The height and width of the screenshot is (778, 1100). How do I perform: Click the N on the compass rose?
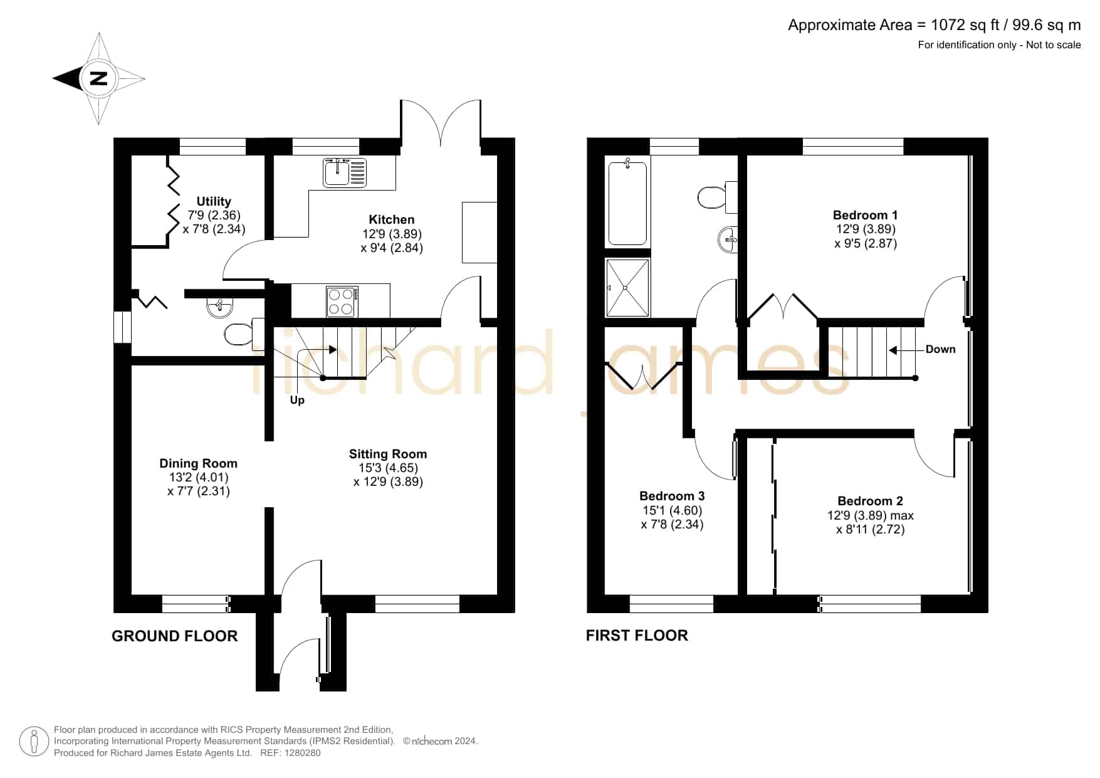click(x=99, y=78)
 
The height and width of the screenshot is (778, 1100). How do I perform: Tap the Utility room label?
click(x=214, y=201)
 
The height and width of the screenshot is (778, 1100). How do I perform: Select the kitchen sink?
click(x=345, y=172)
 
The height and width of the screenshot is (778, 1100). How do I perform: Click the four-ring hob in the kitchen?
click(x=342, y=302)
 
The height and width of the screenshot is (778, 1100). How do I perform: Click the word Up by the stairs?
click(x=297, y=400)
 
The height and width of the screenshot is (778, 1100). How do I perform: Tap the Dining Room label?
click(x=198, y=463)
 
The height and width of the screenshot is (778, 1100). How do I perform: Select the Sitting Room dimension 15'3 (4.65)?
click(x=388, y=468)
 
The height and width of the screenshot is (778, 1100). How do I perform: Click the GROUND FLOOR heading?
click(x=175, y=636)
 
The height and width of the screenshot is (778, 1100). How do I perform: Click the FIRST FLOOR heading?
click(x=637, y=636)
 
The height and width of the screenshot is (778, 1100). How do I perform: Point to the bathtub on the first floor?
click(x=627, y=202)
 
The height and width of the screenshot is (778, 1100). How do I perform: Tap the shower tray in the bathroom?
click(x=627, y=288)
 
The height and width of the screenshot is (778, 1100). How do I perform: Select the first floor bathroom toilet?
click(x=717, y=196)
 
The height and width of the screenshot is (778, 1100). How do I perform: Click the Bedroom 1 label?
click(x=865, y=215)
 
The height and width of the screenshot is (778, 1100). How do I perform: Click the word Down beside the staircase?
click(x=940, y=349)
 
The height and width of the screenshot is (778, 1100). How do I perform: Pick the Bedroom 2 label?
click(x=870, y=501)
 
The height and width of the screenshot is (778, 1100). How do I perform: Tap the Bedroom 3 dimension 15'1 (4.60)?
click(x=671, y=510)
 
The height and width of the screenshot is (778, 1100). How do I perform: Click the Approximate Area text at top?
click(x=934, y=25)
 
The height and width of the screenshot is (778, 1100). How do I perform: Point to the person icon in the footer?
click(x=34, y=742)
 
